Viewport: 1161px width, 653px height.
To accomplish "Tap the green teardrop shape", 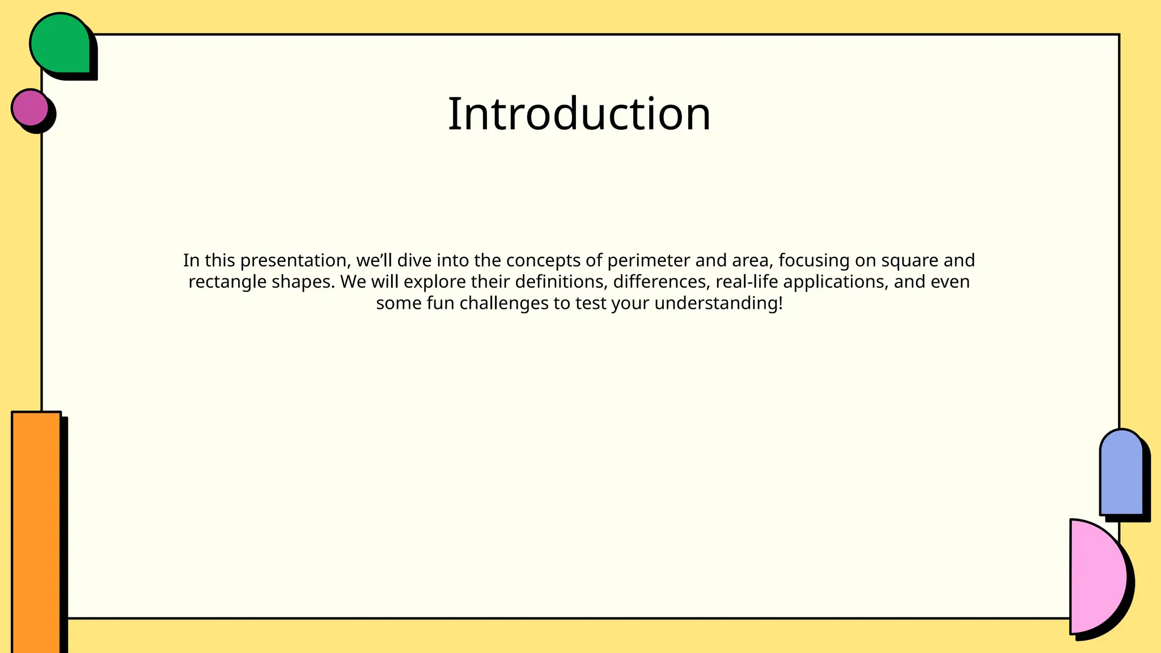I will [60, 44].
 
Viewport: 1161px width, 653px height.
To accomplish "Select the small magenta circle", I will [30, 107].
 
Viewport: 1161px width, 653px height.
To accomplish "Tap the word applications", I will [835, 282].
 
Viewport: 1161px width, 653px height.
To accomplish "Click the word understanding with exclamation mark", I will [718, 303].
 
